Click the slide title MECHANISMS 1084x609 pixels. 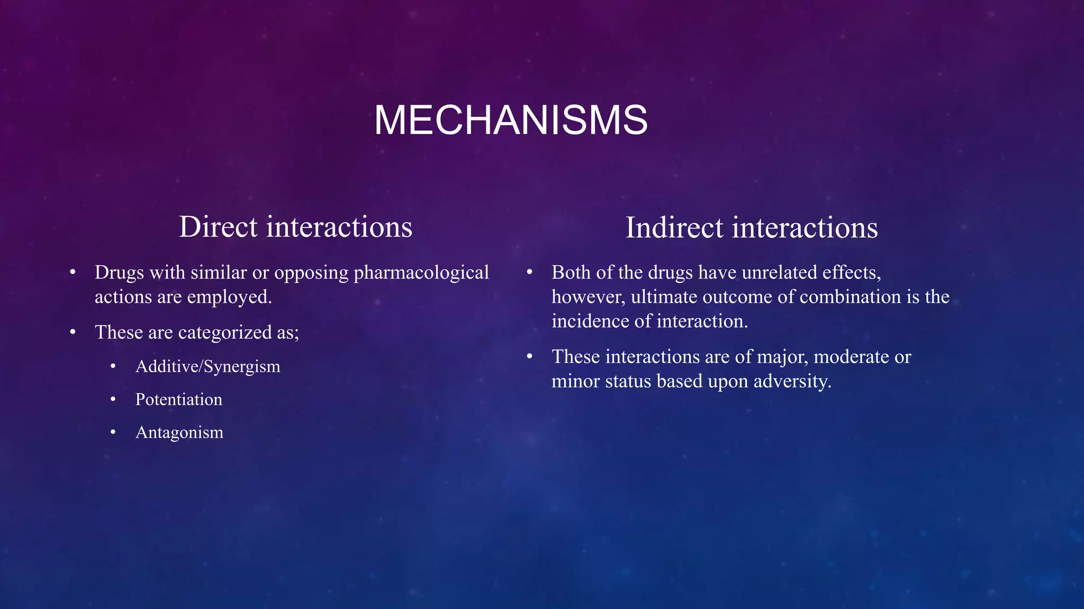click(511, 121)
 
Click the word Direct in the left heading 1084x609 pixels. click(218, 227)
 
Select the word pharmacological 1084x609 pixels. click(421, 273)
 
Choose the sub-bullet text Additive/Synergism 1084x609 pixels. click(207, 367)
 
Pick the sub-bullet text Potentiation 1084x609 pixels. click(178, 400)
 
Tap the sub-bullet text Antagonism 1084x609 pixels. click(179, 432)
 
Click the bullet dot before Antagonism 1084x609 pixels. click(113, 432)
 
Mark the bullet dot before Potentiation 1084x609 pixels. click(113, 400)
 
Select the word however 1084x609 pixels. click(588, 298)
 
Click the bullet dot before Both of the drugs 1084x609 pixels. click(529, 272)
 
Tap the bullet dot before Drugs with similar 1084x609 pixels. click(73, 273)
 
